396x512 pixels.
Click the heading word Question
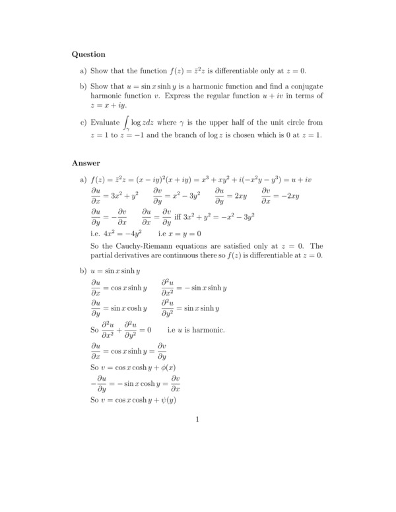click(88, 54)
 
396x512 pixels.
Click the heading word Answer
click(86, 163)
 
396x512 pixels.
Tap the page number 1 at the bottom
click(197, 419)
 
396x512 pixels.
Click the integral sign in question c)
click(125, 123)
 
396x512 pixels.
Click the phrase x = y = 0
click(187, 233)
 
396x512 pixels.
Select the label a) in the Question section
click(83, 71)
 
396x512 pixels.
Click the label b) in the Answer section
click(84, 271)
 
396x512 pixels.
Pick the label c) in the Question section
click(83, 122)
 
